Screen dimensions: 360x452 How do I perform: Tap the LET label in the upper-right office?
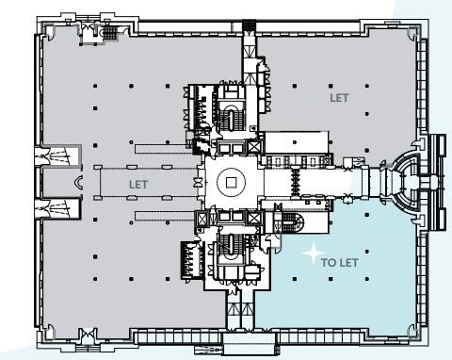tap(338, 97)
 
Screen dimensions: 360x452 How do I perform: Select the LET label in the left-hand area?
tap(138, 185)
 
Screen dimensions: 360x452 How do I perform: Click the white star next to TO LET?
tap(310, 254)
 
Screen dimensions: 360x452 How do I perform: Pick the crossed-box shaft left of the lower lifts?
tap(200, 219)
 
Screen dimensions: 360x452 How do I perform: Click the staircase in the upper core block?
tap(232, 117)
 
